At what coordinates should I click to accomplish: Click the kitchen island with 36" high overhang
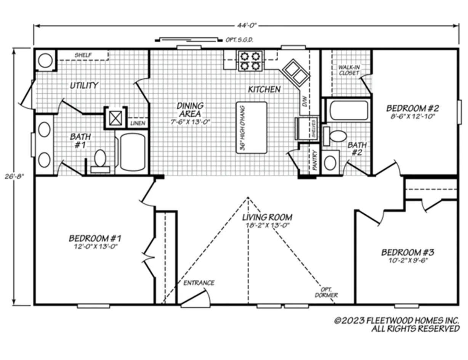tap(252, 127)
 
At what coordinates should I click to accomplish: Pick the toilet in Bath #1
tap(100, 160)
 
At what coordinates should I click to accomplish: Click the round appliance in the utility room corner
tap(45, 60)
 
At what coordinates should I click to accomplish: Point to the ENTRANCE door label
tap(199, 283)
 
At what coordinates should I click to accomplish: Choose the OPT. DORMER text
tap(326, 292)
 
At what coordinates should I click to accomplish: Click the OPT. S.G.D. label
tap(239, 39)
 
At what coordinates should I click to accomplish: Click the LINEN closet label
tap(137, 123)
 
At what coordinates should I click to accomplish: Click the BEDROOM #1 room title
tap(95, 238)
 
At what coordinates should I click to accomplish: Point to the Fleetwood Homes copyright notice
tap(396, 324)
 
